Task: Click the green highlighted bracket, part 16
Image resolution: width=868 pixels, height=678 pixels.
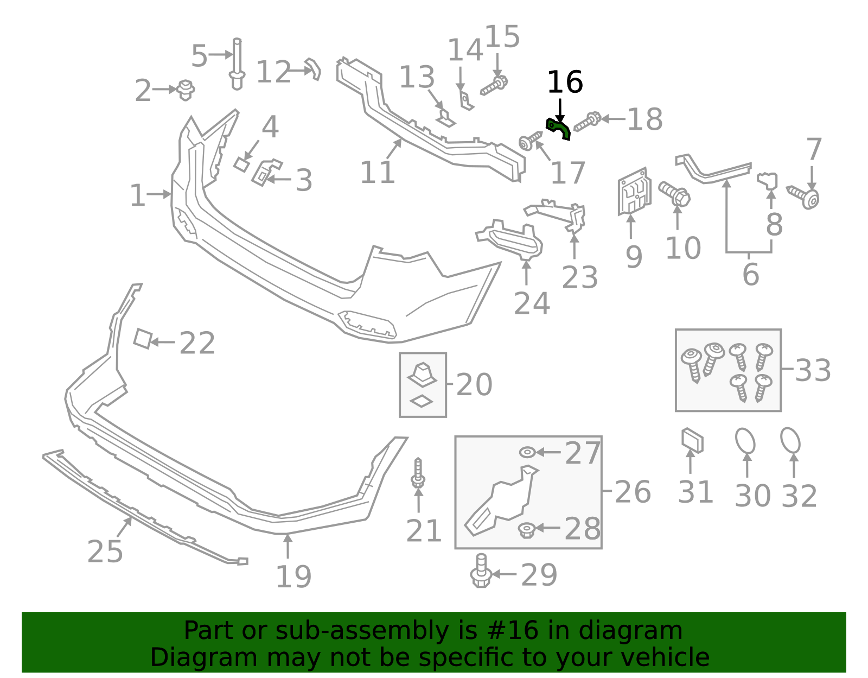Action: click(x=558, y=129)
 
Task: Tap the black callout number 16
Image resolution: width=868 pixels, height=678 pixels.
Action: click(x=565, y=83)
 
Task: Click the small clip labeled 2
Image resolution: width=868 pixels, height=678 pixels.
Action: click(x=186, y=90)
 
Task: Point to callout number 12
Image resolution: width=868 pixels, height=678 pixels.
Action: click(x=273, y=72)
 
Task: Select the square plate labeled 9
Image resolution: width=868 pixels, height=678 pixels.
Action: click(x=634, y=192)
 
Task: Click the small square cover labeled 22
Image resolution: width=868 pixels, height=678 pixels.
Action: click(x=142, y=339)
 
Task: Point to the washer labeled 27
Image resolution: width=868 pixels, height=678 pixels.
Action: click(x=527, y=452)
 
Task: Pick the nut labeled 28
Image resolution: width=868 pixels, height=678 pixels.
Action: click(x=526, y=530)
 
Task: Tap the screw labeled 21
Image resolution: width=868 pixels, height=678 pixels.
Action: click(x=418, y=473)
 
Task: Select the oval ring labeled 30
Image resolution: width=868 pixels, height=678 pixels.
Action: click(x=745, y=441)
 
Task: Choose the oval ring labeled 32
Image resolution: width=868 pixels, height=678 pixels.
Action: click(x=790, y=440)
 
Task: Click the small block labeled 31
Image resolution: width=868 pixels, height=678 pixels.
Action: click(x=692, y=440)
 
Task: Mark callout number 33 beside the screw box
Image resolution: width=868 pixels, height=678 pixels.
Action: click(x=813, y=371)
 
